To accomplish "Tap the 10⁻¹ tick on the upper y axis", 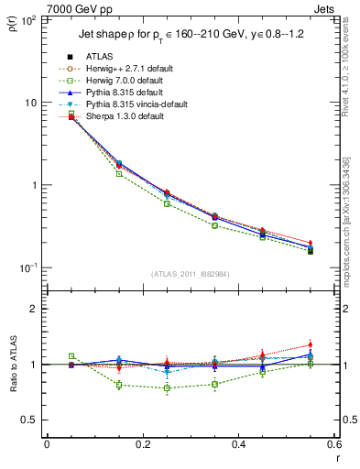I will (28, 267).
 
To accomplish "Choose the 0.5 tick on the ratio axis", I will (30, 420).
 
